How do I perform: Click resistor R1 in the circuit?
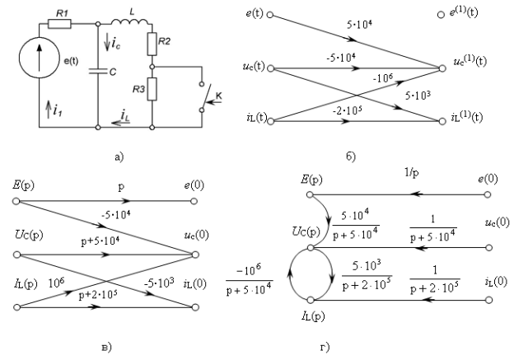(59, 24)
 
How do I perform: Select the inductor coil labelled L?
(129, 21)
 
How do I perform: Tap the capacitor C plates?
(98, 71)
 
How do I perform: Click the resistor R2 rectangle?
(152, 44)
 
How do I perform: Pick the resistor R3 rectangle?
(152, 89)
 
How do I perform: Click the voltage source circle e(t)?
(40, 58)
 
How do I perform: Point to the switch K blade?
(206, 96)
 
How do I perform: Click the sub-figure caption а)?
(119, 157)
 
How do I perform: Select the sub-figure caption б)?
(351, 157)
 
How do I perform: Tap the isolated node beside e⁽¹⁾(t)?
(441, 15)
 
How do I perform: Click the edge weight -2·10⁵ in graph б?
(347, 110)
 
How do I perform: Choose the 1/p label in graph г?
(412, 172)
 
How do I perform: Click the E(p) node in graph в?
(16, 201)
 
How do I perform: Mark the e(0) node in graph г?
(488, 194)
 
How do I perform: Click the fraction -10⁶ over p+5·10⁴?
(249, 279)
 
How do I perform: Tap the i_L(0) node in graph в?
(195, 307)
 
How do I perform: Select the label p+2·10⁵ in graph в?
(98, 295)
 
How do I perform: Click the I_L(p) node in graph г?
(311, 300)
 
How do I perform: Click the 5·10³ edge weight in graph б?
(418, 96)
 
